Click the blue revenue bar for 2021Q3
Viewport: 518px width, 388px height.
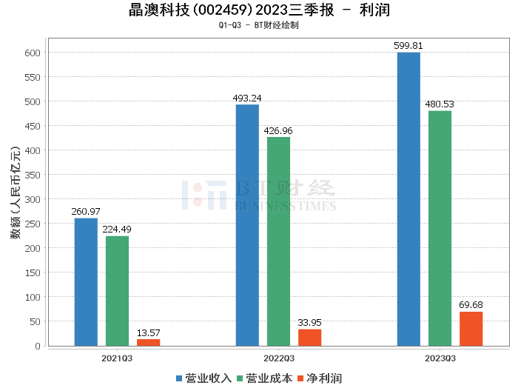[x=86, y=281]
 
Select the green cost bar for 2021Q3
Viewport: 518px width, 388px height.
[x=117, y=290]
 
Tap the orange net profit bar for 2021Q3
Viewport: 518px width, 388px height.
[x=148, y=342]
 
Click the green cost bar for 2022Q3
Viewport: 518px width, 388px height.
[x=278, y=241]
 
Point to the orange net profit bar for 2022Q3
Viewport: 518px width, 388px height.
[x=309, y=337]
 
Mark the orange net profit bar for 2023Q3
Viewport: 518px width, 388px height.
[x=471, y=329]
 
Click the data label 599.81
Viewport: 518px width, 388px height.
[x=408, y=46]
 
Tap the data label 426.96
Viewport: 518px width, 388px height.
[x=278, y=131]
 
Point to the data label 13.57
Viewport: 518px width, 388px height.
[x=148, y=332]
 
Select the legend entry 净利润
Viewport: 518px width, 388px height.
[x=319, y=378]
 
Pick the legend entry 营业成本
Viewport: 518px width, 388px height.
[x=264, y=378]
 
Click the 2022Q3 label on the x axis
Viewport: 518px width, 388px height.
[x=278, y=358]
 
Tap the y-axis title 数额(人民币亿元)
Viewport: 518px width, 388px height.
[x=15, y=199]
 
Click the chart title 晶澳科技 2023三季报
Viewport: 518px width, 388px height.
[x=259, y=10]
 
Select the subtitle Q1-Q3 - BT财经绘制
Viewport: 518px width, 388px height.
[x=259, y=24]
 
